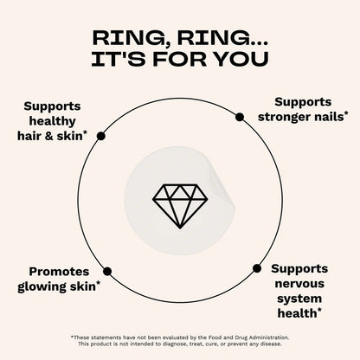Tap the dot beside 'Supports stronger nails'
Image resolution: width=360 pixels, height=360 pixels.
(240, 117)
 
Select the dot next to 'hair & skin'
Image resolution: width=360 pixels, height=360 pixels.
(101, 136)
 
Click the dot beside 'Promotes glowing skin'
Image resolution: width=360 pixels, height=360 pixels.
(107, 271)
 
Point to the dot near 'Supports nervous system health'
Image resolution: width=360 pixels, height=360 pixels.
(257, 268)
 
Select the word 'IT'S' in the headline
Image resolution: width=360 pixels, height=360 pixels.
(118, 59)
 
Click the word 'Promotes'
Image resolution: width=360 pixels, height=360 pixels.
(59, 272)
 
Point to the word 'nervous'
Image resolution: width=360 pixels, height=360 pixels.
(299, 284)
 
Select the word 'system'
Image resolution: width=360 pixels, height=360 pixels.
(299, 299)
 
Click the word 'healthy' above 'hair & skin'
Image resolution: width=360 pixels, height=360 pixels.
(52, 121)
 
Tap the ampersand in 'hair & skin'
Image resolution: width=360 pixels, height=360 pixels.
(49, 136)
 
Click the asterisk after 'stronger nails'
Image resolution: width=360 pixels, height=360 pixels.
(345, 114)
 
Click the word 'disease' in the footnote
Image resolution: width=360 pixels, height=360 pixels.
(271, 344)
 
